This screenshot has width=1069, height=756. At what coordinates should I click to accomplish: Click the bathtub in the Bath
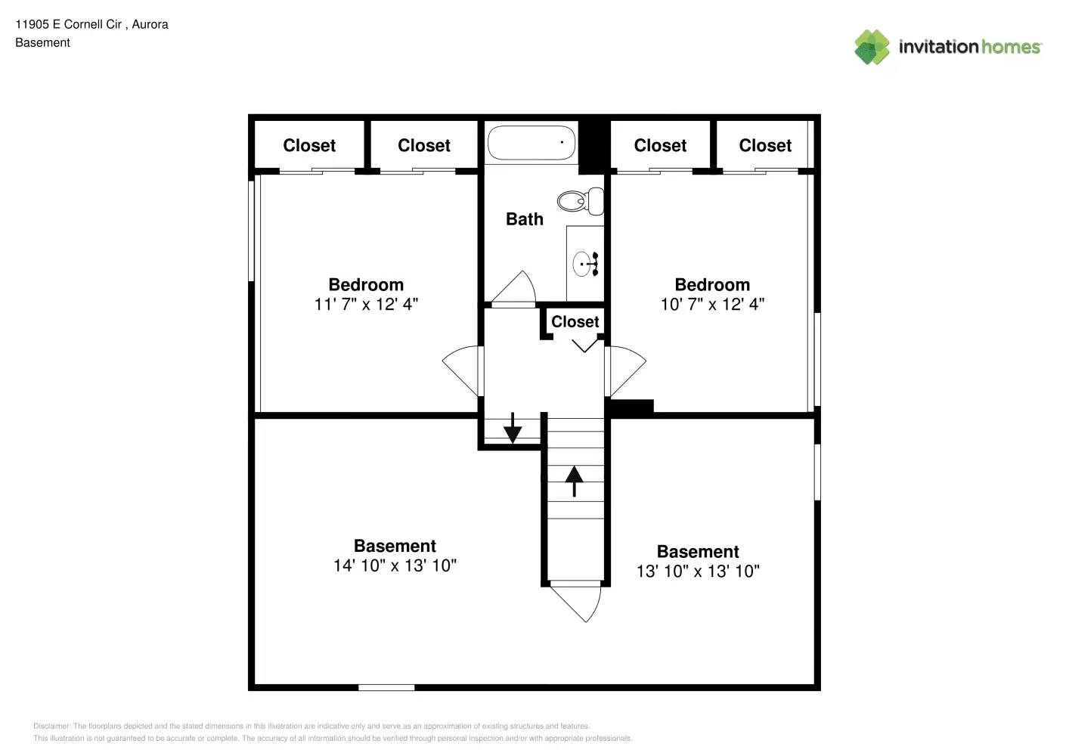coord(531,143)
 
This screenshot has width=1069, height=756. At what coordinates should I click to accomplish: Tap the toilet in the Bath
coord(581,201)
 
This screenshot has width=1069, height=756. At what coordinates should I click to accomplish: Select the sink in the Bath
coord(584,265)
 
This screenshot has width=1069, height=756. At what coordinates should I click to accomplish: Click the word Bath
coord(524,219)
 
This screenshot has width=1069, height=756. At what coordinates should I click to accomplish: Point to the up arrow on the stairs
coord(575,481)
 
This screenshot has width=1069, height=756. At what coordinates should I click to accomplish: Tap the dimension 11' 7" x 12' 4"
coord(366,304)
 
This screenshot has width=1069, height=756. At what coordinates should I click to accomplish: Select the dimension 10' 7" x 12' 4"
coord(712,304)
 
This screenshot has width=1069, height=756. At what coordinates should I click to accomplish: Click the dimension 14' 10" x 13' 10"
coord(395,565)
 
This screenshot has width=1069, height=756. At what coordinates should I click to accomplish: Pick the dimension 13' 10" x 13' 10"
coord(698,571)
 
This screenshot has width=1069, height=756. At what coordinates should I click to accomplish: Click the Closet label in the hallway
coord(575,322)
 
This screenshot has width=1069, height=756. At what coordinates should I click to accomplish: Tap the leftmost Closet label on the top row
coord(309,145)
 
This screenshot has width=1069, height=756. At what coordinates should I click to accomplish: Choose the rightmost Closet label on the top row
coord(765,145)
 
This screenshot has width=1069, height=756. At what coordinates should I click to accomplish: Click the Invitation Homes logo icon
coord(872,47)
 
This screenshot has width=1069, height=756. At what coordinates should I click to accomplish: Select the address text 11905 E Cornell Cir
coord(69,24)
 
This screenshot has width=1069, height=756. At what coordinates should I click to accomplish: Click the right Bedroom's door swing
coord(625,370)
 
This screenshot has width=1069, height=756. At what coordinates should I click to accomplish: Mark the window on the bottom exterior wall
coord(386,687)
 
